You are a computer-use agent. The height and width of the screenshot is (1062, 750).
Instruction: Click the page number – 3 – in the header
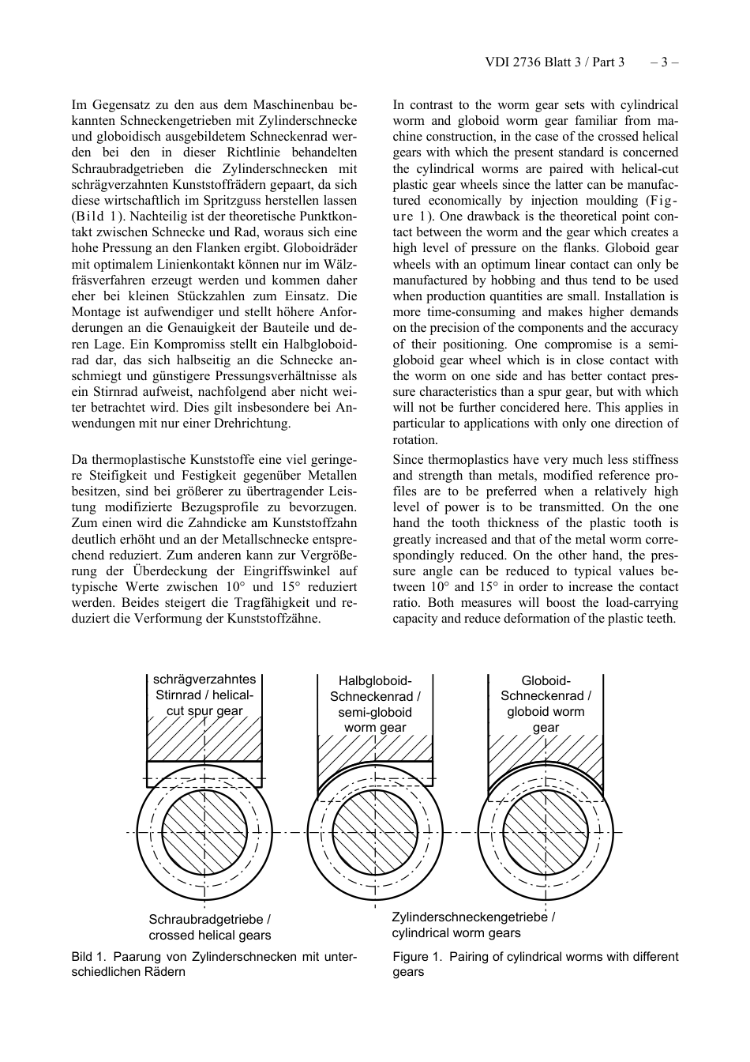point(664,62)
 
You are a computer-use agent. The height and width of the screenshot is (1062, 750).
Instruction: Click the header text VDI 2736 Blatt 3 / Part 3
point(554,62)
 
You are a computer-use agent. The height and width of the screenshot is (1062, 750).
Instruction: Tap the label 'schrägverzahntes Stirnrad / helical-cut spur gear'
point(204,695)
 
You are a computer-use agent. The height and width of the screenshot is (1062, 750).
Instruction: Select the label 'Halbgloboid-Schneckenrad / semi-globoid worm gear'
point(375,704)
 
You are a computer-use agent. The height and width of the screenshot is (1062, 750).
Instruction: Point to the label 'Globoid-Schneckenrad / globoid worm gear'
point(546,703)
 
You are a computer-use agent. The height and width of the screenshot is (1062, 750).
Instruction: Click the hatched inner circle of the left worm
point(204,832)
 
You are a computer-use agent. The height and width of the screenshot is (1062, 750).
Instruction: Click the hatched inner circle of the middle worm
point(375,832)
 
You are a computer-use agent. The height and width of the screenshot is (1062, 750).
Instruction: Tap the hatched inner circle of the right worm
point(546,832)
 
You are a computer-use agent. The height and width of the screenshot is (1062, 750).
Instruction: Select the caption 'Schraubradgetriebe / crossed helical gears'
point(210,928)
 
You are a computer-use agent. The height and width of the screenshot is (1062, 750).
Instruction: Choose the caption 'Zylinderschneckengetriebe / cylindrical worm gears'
point(473,925)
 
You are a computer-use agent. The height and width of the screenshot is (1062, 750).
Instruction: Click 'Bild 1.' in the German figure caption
point(89,957)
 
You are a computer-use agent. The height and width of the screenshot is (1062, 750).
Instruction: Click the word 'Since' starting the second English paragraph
point(408,460)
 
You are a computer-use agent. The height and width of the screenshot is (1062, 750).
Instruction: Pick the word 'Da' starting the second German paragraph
point(79,460)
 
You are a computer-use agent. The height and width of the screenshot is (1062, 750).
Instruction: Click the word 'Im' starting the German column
point(79,105)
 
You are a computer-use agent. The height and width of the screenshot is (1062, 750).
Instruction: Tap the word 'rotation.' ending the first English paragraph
point(415,440)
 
